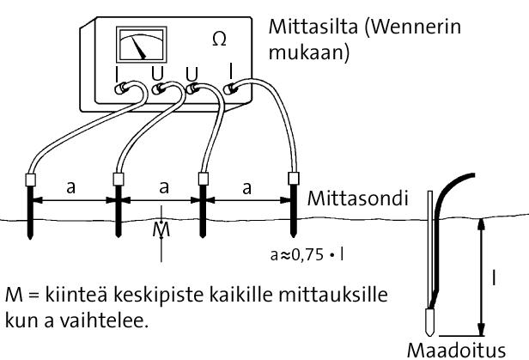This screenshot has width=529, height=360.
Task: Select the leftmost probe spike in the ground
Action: point(31,219)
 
